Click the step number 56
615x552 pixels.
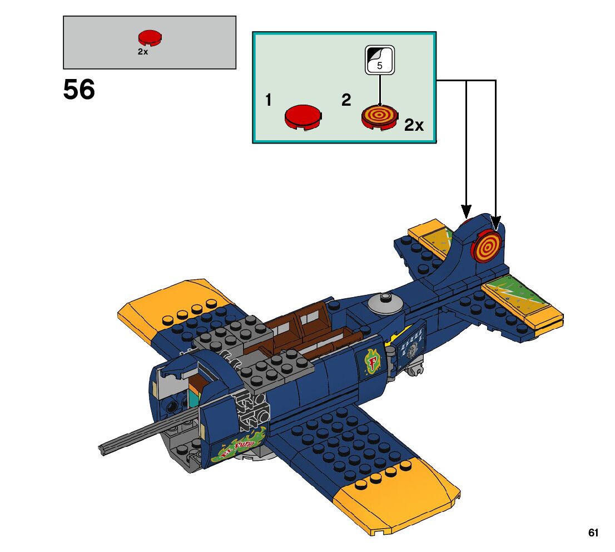click(79, 90)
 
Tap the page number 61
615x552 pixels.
click(593, 533)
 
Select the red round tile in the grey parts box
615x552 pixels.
click(150, 38)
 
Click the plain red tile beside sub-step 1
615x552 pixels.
click(303, 116)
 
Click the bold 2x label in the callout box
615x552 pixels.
click(414, 126)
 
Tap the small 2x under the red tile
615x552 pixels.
click(143, 52)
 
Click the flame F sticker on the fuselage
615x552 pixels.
click(372, 361)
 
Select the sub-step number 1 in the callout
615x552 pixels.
click(269, 100)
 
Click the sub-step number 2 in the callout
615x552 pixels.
click(346, 100)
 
